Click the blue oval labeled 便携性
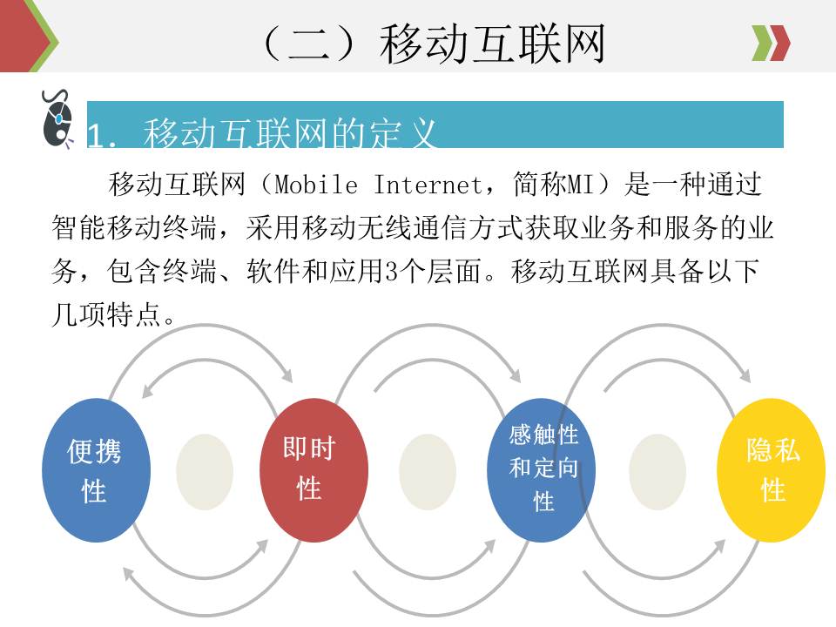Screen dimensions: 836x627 tap(94, 470)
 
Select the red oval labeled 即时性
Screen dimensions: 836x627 tap(312, 469)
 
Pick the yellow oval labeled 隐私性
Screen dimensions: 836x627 tap(771, 469)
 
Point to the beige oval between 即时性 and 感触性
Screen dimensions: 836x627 tap(428, 471)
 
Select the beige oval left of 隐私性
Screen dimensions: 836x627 tap(657, 471)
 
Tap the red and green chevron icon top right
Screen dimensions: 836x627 tap(771, 43)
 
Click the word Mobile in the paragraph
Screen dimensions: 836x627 tap(315, 185)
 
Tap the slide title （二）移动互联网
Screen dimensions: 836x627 tap(433, 44)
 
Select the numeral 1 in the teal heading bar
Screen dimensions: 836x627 tap(97, 136)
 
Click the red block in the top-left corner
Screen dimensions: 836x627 tap(19, 35)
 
